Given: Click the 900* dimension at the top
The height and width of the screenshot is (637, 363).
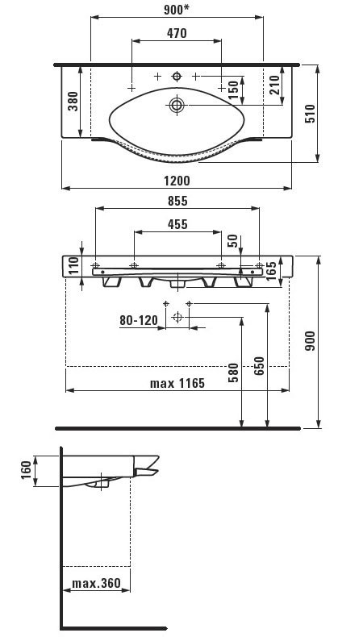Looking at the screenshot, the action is pos(177,10).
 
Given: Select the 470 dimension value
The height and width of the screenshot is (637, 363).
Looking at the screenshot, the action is pos(177,33).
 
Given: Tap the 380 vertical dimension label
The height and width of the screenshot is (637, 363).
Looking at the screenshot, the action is pos(73,101).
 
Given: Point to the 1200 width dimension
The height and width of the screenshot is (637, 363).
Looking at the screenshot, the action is pos(177,181).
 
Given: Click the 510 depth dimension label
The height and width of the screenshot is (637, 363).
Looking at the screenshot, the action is pos(310,114).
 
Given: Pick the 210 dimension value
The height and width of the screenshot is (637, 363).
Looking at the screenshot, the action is pos(274,85).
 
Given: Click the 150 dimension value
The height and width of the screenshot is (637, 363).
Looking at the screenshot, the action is pos(233,90).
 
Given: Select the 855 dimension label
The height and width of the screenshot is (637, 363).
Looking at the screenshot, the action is pos(177,201).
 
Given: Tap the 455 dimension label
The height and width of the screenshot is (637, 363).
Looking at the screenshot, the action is pos(177,224).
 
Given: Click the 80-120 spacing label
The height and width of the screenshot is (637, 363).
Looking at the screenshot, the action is pos(139,321).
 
